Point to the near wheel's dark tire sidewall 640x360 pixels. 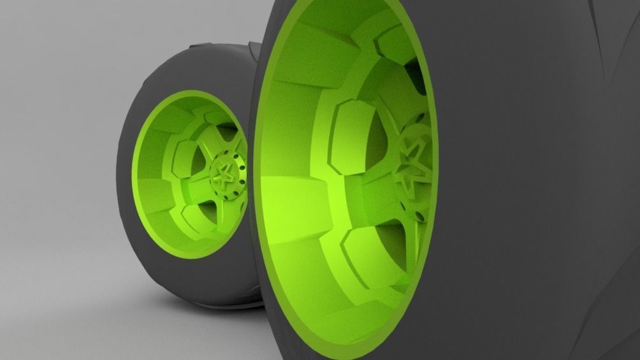coord(523,191)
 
